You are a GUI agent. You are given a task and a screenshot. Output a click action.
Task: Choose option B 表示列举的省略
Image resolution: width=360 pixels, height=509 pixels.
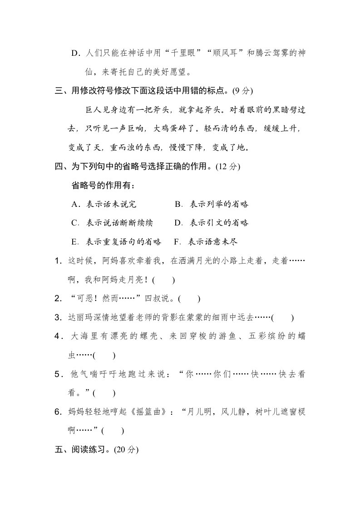point(212,204)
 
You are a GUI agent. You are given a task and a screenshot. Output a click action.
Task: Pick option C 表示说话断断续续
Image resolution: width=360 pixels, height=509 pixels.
point(112,223)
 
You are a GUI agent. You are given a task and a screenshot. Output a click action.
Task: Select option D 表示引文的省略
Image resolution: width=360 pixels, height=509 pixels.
point(212,223)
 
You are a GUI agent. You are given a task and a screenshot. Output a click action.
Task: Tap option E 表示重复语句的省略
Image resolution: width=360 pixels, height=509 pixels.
point(117,242)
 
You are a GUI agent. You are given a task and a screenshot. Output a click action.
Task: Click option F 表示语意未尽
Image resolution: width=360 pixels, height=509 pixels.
point(206,242)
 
